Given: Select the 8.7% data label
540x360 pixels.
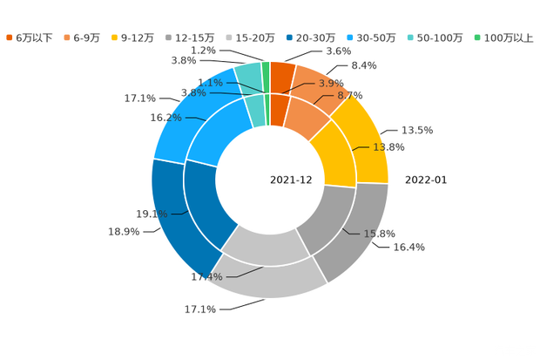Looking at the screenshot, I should (x=350, y=94).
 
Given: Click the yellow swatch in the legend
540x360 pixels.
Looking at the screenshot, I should (x=116, y=37).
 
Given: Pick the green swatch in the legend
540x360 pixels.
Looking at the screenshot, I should (x=476, y=37).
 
